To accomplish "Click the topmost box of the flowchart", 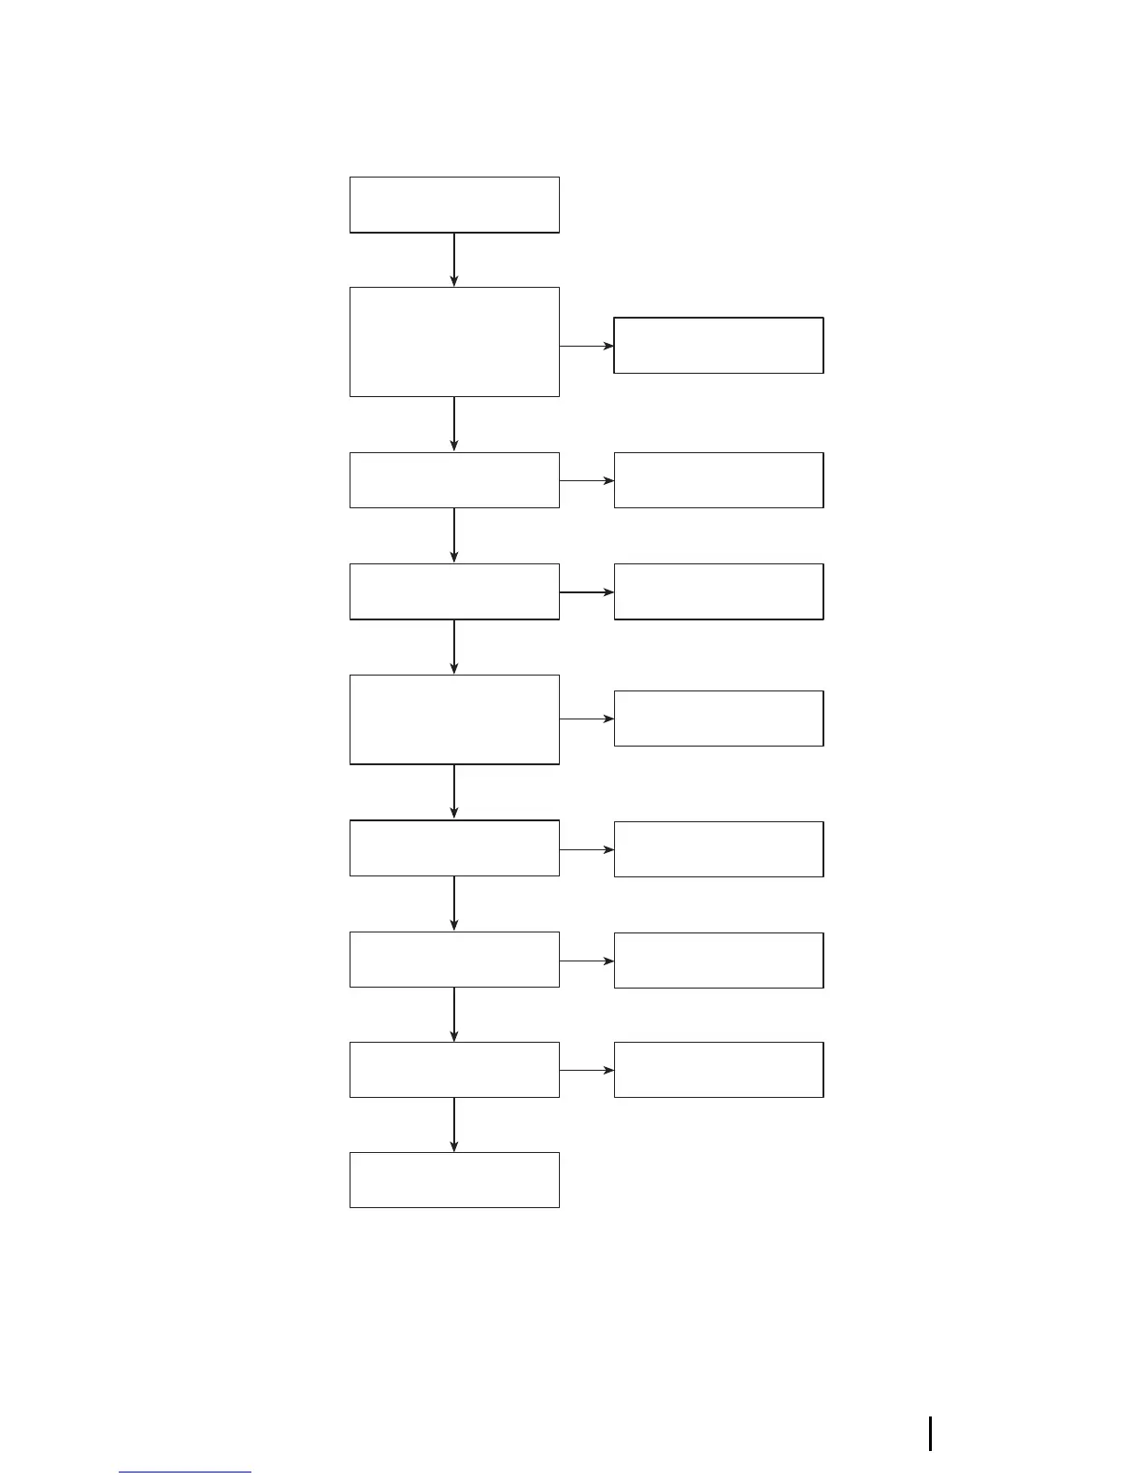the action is [454, 205].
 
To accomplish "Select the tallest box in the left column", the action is [454, 342].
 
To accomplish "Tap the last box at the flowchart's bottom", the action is [454, 1180].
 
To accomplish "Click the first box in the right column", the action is [719, 346].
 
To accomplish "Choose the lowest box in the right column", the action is [719, 1070].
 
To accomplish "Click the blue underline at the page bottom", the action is [185, 1473].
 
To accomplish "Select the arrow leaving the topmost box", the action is [454, 260].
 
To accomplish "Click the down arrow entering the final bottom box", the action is [454, 1125].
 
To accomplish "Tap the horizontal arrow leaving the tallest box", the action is [587, 346].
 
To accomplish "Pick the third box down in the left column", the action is [454, 480].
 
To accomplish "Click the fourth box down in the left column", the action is [454, 591].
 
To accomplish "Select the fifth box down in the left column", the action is [454, 719].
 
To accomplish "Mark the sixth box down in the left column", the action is [454, 848].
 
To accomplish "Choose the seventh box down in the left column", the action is [454, 960].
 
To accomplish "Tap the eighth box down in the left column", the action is [454, 1070].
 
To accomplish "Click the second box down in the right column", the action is [719, 480].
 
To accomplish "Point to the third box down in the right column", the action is [719, 591].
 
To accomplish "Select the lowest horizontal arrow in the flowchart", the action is [587, 1070].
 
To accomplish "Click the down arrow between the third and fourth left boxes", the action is [454, 535].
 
